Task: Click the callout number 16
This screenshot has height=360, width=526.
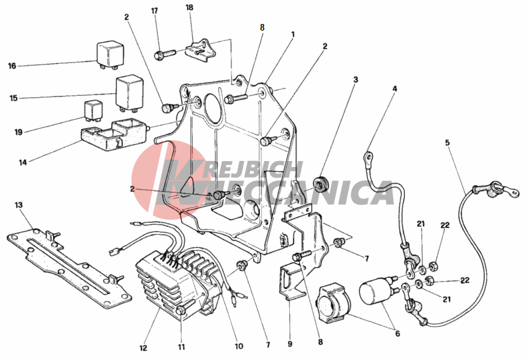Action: [12, 66]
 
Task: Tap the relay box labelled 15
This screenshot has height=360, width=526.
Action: [130, 93]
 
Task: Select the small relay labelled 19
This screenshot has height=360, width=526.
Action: [93, 110]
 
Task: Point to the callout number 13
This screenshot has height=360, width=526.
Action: [19, 205]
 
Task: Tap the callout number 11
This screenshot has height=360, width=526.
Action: [181, 347]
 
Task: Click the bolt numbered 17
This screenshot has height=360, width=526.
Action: [165, 54]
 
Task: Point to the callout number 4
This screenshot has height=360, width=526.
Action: [395, 89]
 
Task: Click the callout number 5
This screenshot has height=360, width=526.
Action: [447, 142]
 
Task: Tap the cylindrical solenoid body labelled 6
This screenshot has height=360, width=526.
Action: [374, 291]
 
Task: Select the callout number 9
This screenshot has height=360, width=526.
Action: [290, 344]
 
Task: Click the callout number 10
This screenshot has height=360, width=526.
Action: [239, 346]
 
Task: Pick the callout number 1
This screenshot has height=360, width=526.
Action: [293, 34]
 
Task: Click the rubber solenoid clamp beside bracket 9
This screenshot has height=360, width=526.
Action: [333, 304]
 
